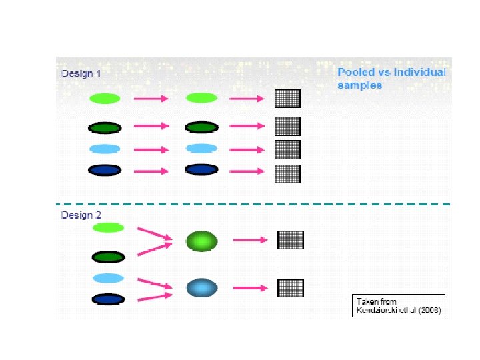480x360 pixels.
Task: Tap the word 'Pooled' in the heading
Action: tap(355, 72)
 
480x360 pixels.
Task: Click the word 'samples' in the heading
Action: tap(359, 85)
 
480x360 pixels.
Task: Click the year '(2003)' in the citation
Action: tap(429, 311)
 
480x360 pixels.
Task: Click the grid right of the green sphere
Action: tap(290, 240)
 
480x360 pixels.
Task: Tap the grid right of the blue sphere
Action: tap(290, 288)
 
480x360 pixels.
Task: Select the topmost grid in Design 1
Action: tap(287, 98)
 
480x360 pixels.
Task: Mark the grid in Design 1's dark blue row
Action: tap(287, 174)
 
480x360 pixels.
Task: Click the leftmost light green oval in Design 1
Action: tap(105, 99)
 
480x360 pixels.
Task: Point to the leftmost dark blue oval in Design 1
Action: tap(105, 170)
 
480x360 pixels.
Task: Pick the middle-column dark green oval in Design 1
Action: tap(201, 127)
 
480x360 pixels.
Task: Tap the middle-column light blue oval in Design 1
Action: tap(201, 148)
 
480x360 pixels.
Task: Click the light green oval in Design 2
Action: tap(109, 228)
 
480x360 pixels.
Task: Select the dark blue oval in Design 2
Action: tap(109, 299)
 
